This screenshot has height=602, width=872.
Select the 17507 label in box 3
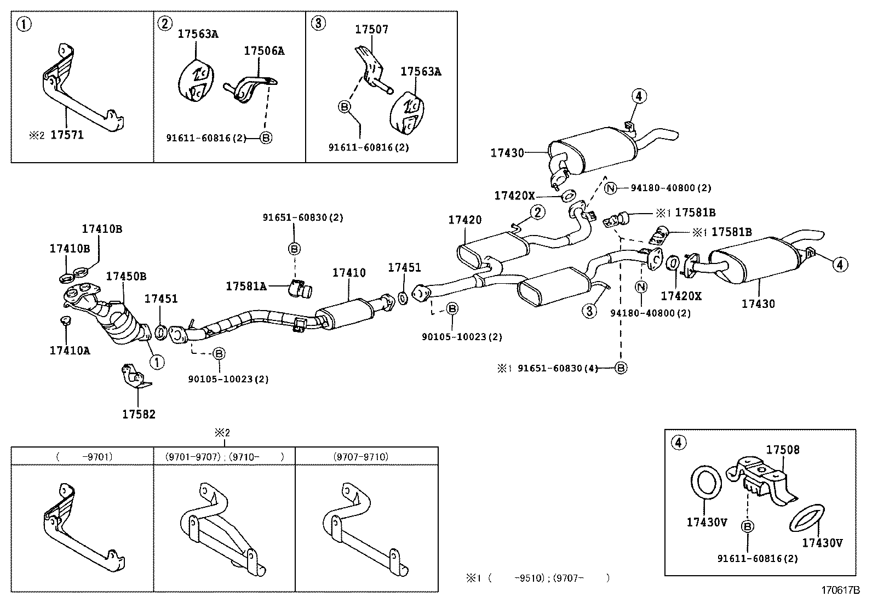pyautogui.click(x=371, y=30)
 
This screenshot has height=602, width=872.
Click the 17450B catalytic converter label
pyautogui.click(x=126, y=276)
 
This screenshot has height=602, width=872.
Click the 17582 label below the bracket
pyautogui.click(x=139, y=414)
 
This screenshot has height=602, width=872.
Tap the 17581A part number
pyautogui.click(x=246, y=286)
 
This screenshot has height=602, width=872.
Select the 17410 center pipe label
pyautogui.click(x=349, y=272)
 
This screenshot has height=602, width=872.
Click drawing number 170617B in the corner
pyautogui.click(x=840, y=590)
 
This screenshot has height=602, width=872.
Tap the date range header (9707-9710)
pyautogui.click(x=360, y=456)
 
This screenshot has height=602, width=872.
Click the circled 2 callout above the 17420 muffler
pyautogui.click(x=537, y=212)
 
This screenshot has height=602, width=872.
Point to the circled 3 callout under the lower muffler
pyautogui.click(x=589, y=311)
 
